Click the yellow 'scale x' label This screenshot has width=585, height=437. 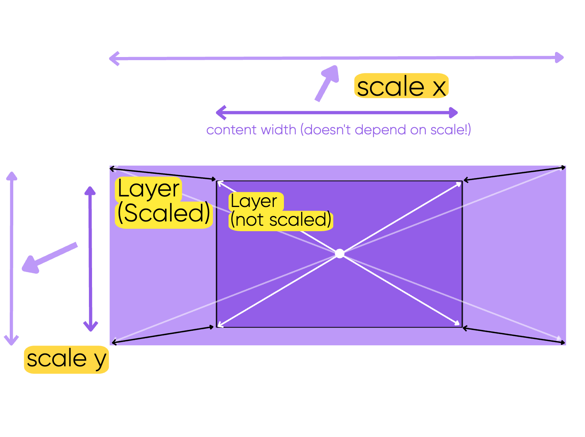pyautogui.click(x=401, y=86)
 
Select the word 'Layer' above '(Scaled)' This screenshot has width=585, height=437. pyautogui.click(x=148, y=189)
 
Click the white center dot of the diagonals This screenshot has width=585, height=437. pyautogui.click(x=340, y=254)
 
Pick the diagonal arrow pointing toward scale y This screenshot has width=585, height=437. pyautogui.click(x=49, y=258)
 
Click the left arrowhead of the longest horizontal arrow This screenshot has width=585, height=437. pyautogui.click(x=113, y=59)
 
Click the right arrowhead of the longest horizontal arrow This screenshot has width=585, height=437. pyautogui.click(x=560, y=58)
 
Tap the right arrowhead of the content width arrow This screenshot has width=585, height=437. pyautogui.click(x=454, y=113)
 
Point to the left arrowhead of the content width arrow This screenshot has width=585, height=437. pyautogui.click(x=221, y=113)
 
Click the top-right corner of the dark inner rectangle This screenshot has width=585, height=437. pyautogui.click(x=462, y=181)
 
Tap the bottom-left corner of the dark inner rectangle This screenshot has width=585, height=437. pyautogui.click(x=217, y=327)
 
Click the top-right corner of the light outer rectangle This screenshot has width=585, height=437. pyautogui.click(x=566, y=166)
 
